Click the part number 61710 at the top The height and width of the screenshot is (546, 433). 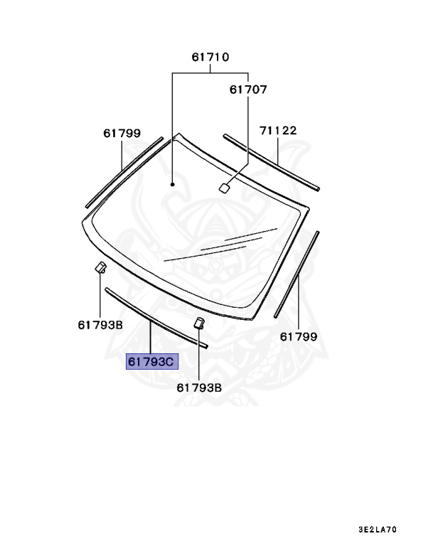point(210,57)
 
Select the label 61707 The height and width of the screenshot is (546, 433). point(248,90)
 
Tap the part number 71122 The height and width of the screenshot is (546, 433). point(278,130)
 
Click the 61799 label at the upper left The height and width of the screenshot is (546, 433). point(122,133)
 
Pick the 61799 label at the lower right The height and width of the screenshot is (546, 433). point(299,337)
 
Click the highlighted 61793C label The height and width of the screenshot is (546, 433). point(152,362)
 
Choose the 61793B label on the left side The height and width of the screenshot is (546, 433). point(100,325)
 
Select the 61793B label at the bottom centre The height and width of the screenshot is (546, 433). point(199,387)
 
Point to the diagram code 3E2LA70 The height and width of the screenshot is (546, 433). point(378,530)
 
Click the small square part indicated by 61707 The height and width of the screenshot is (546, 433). point(224,188)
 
